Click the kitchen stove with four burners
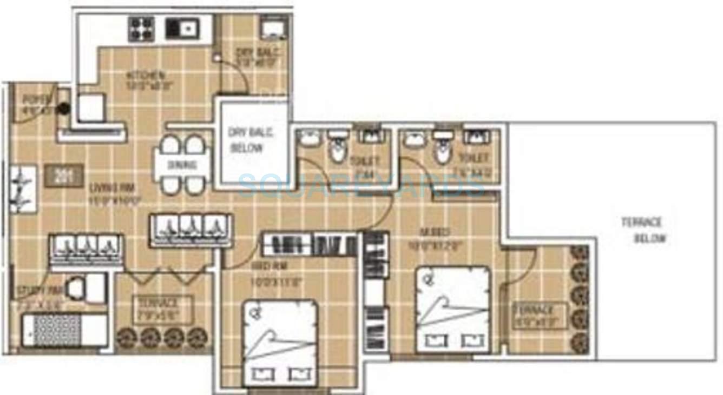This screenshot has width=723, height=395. tap(141, 29)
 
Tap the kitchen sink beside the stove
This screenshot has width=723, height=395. tap(182, 29)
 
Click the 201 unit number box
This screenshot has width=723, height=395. tap(64, 176)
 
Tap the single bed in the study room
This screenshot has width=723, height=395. tap(64, 330)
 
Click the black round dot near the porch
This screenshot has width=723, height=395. tap(64, 108)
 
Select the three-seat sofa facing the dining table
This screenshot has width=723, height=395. tap(190, 230)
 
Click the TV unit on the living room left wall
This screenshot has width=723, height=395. tap(23, 189)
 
